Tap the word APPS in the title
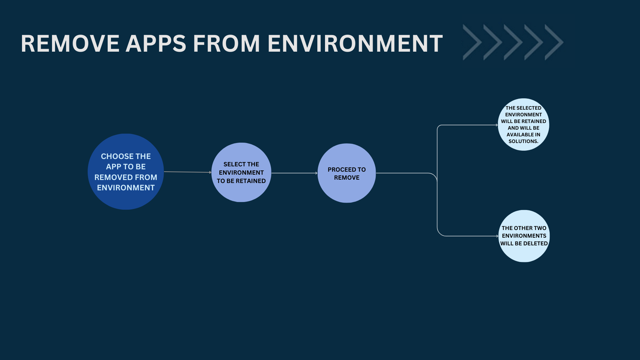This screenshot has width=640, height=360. [156, 44]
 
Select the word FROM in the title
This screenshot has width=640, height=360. [226, 44]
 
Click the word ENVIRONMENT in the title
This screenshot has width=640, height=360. [355, 44]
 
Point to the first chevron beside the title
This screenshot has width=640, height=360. [473, 42]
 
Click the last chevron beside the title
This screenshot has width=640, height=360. [554, 42]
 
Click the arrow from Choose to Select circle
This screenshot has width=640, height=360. [187, 172]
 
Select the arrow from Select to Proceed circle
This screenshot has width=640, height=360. [294, 173]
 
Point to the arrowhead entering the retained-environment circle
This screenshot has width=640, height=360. [497, 125]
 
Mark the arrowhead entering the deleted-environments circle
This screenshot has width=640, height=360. [497, 236]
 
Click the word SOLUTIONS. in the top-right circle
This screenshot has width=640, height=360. [523, 141]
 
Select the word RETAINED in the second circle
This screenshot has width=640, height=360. [251, 181]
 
